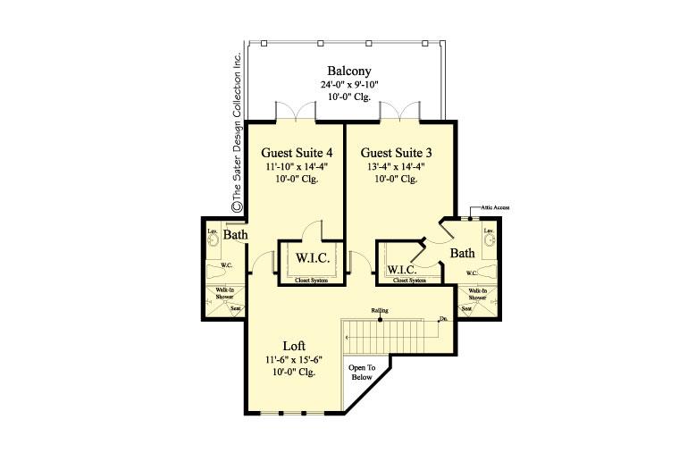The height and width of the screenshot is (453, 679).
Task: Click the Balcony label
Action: click(348, 71)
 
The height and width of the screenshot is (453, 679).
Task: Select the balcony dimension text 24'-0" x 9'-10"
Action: click(348, 85)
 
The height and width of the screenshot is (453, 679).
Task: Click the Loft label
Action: click(295, 345)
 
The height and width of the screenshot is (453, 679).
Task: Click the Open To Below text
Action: click(362, 373)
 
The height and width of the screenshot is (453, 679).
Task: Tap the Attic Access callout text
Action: click(495, 207)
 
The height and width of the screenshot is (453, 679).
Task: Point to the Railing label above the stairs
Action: click(380, 311)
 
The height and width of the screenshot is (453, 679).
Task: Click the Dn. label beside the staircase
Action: click(442, 318)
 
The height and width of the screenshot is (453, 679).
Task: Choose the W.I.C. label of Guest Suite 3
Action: click(402, 269)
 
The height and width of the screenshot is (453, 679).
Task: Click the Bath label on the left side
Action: click(235, 235)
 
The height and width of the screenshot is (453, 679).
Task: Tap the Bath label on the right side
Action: click(462, 254)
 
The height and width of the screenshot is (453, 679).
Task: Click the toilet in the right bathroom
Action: click(490, 271)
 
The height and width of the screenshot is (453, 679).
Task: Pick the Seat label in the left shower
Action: click(237, 309)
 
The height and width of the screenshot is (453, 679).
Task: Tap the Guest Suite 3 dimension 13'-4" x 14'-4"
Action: click(396, 165)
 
